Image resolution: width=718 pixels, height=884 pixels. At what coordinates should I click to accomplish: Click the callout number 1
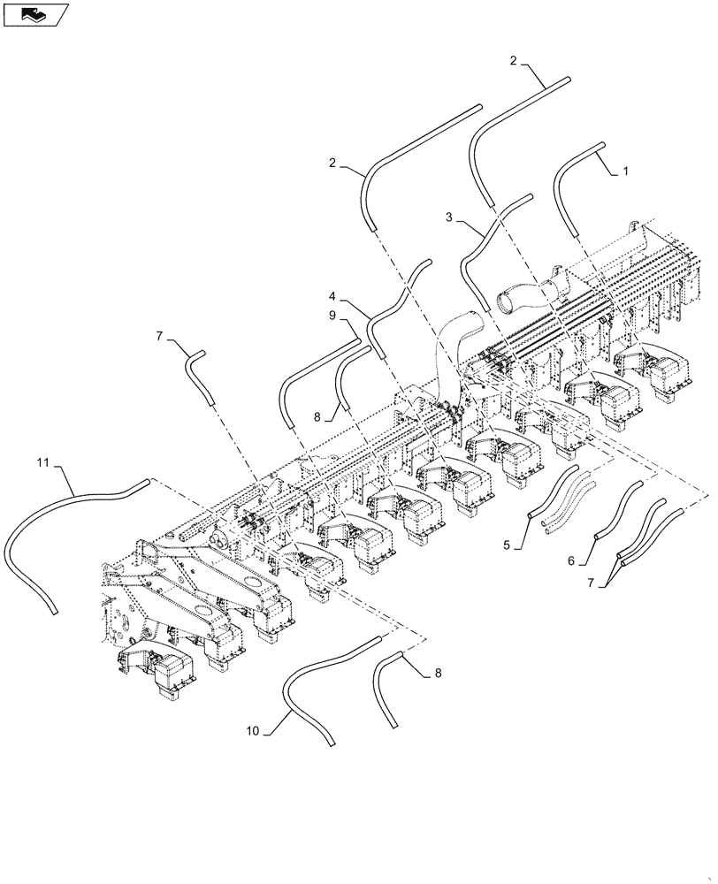click(625, 171)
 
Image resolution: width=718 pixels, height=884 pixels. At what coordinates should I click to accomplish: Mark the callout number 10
click(253, 731)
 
